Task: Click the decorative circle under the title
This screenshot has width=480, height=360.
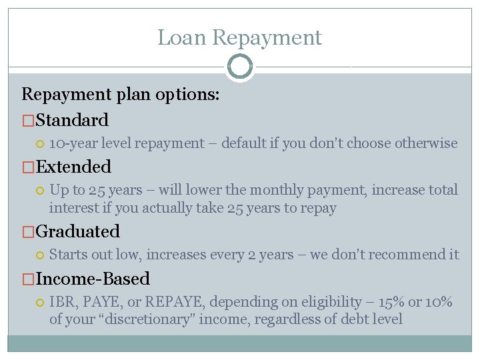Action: [239, 67]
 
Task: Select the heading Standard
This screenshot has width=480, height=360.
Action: [72, 121]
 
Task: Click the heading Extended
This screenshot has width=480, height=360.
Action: [73, 167]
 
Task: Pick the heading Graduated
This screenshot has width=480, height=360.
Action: [78, 232]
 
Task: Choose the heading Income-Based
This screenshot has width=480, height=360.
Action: [92, 279]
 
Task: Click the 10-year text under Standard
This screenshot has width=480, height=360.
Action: [71, 143]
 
